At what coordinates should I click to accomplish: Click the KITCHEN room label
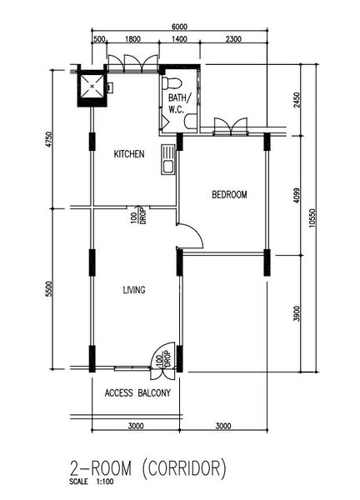click(129, 154)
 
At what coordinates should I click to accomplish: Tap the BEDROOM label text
click(229, 195)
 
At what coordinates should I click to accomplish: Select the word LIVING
click(133, 290)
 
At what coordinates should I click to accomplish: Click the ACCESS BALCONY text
click(138, 392)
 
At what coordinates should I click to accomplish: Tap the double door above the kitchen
click(127, 62)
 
